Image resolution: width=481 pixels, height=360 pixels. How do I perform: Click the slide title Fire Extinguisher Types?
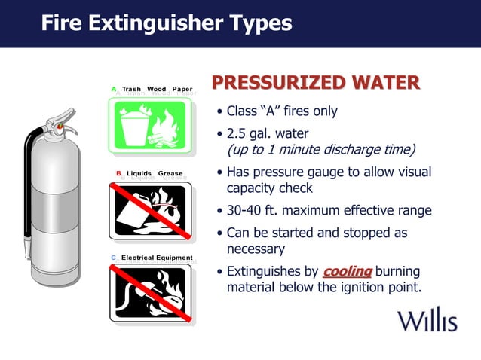click(x=166, y=23)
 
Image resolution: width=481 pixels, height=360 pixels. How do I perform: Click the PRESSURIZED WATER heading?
click(x=315, y=83)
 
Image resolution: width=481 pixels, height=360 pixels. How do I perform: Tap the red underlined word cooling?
click(x=348, y=272)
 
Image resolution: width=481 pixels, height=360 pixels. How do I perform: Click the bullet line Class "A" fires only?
click(x=282, y=111)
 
